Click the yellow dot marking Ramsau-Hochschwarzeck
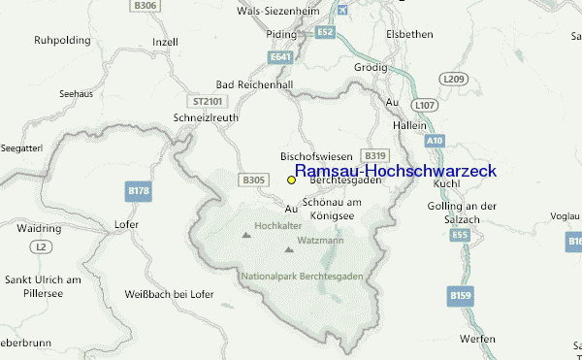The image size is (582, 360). pos(291,180)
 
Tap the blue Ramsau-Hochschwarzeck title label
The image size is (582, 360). pos(395,171)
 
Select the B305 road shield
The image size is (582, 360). pos(254,180)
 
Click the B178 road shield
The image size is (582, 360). pos(139,192)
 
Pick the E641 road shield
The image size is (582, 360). pos(281,58)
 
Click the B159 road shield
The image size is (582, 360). pos(459,293)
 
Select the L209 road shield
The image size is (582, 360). pos(453,78)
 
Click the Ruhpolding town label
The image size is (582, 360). pos(61,41)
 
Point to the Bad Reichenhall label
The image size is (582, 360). pos(253,85)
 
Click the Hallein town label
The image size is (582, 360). pos(410,125)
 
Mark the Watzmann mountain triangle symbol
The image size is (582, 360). pos(289,249)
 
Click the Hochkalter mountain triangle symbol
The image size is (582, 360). pos(243,234)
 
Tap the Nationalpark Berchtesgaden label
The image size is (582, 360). pos(302,277)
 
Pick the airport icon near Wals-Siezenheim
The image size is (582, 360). pos(339,10)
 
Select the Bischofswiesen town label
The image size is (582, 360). pos(315,155)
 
